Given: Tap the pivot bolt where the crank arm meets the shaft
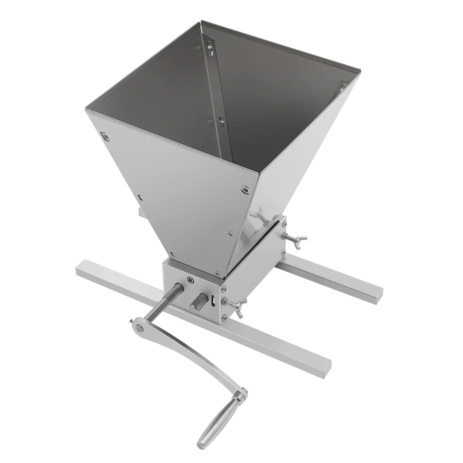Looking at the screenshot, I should [x=140, y=328].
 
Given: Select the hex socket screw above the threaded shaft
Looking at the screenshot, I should [x=190, y=280].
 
